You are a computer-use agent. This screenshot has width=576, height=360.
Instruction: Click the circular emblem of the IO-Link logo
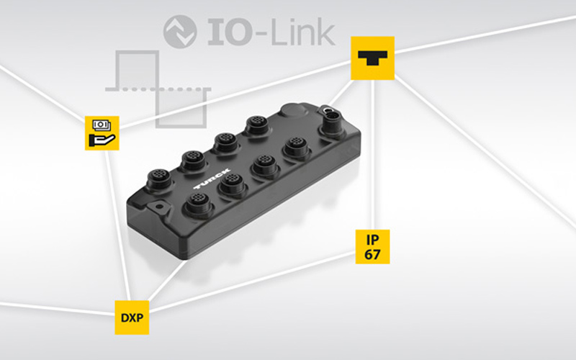coord(179,32)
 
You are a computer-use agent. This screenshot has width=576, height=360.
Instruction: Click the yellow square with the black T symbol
coord(372,58)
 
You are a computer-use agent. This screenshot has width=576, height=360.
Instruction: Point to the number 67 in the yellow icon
coord(372,256)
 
